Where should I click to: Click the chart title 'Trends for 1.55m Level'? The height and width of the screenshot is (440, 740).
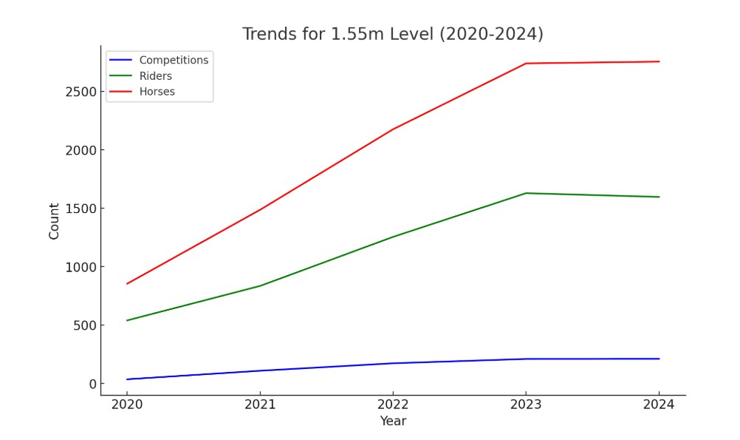tap(392, 34)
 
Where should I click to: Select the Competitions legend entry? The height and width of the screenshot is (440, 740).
tap(174, 60)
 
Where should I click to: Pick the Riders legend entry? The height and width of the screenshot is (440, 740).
tap(155, 76)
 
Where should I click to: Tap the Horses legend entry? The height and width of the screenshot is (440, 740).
tap(157, 92)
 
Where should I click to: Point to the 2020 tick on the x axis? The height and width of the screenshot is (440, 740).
tap(127, 405)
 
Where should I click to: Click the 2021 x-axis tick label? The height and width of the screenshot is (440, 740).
tap(260, 405)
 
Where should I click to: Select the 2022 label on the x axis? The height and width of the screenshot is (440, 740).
tap(393, 405)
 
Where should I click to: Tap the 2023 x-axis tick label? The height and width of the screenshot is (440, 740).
tap(526, 405)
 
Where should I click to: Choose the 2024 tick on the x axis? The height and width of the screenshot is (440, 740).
tap(659, 405)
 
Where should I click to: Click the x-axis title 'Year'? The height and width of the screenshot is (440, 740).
tap(393, 421)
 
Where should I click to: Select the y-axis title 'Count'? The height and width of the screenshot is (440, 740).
tap(54, 221)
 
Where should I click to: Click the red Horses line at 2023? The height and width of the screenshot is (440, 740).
tap(526, 64)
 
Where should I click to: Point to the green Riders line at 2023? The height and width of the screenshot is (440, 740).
tap(526, 193)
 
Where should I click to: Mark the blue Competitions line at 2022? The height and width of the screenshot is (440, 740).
tap(393, 363)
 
